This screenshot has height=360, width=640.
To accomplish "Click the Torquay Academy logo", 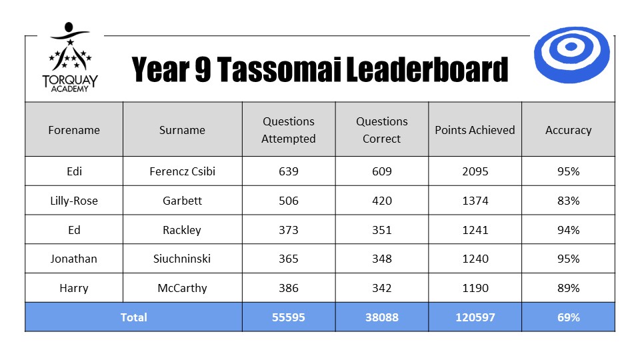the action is pos(70,57).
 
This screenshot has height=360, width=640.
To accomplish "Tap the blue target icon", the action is pos(571,55).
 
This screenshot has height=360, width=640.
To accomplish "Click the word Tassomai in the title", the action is pos(279,69).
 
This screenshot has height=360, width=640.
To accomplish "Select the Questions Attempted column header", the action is pos(289,130).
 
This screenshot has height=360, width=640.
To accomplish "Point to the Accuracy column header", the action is pos(568,130).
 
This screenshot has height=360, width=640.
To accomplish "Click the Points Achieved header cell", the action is pos(475,130).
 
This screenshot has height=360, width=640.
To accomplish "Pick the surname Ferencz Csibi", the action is pos(182,171).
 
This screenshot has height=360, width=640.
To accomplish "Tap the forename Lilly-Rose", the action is pos(74,201).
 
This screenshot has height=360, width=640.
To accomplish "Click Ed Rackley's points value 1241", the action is pos(475,230).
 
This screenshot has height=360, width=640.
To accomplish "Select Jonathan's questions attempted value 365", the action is pos(289,259).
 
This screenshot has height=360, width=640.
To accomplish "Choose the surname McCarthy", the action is pos(182,288).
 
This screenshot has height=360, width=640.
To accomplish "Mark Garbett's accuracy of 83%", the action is pos(568,201).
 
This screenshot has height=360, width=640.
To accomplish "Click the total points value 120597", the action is pos(475,317).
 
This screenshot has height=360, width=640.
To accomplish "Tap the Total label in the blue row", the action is pos(133,317).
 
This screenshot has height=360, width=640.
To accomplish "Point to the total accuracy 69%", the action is pos(568,317).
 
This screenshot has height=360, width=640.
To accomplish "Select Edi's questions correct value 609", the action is pos(381,171).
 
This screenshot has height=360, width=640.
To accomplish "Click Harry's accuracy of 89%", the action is pos(568,288).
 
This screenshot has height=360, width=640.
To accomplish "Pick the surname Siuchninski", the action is pos(182,259).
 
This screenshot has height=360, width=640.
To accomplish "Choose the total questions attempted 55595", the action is pos(289,317).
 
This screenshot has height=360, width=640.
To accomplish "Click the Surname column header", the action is pos(182,130).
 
